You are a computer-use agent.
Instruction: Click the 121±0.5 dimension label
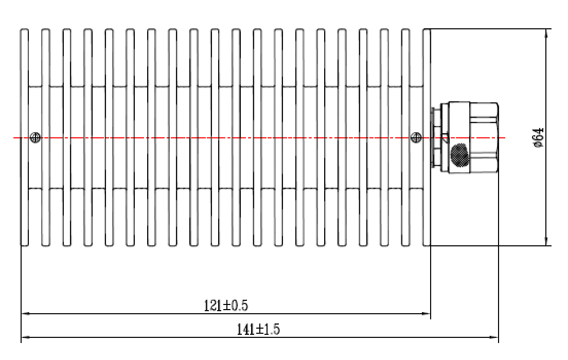226,305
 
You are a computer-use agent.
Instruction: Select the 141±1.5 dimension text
258,329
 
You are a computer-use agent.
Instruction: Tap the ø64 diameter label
539,138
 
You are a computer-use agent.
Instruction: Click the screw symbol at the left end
35,138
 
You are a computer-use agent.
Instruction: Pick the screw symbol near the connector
416,138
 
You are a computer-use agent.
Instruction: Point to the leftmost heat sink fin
24,137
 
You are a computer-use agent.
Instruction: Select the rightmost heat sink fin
427,137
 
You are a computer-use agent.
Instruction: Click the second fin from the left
46,137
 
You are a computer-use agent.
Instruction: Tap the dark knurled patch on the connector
459,155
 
